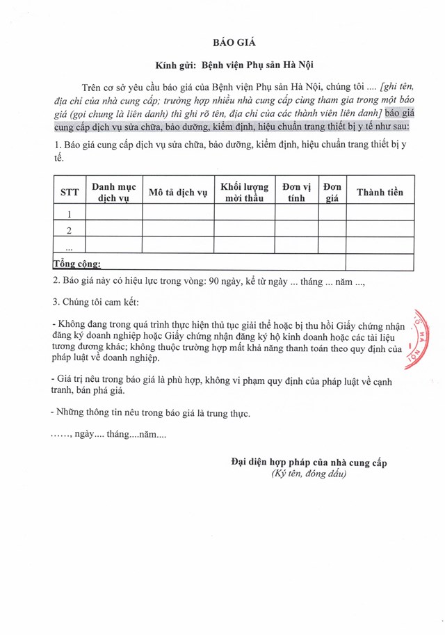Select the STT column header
[x=70, y=192]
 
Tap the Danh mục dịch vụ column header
[x=115, y=192]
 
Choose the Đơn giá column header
[x=332, y=192]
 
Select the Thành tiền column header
[x=380, y=192]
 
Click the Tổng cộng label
[x=77, y=264]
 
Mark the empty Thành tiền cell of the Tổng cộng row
[x=380, y=263]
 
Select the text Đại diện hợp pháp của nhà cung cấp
[x=309, y=462]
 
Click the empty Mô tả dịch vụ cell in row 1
[x=177, y=214]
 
